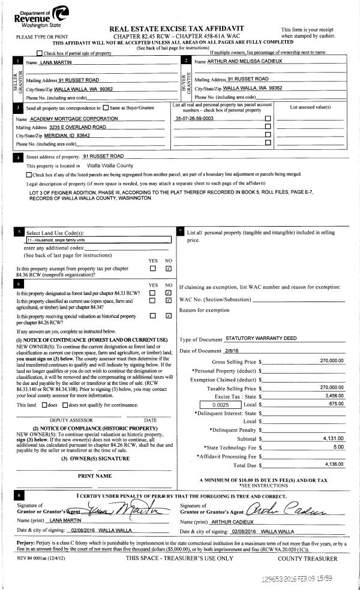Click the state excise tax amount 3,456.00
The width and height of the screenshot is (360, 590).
point(334,397)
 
